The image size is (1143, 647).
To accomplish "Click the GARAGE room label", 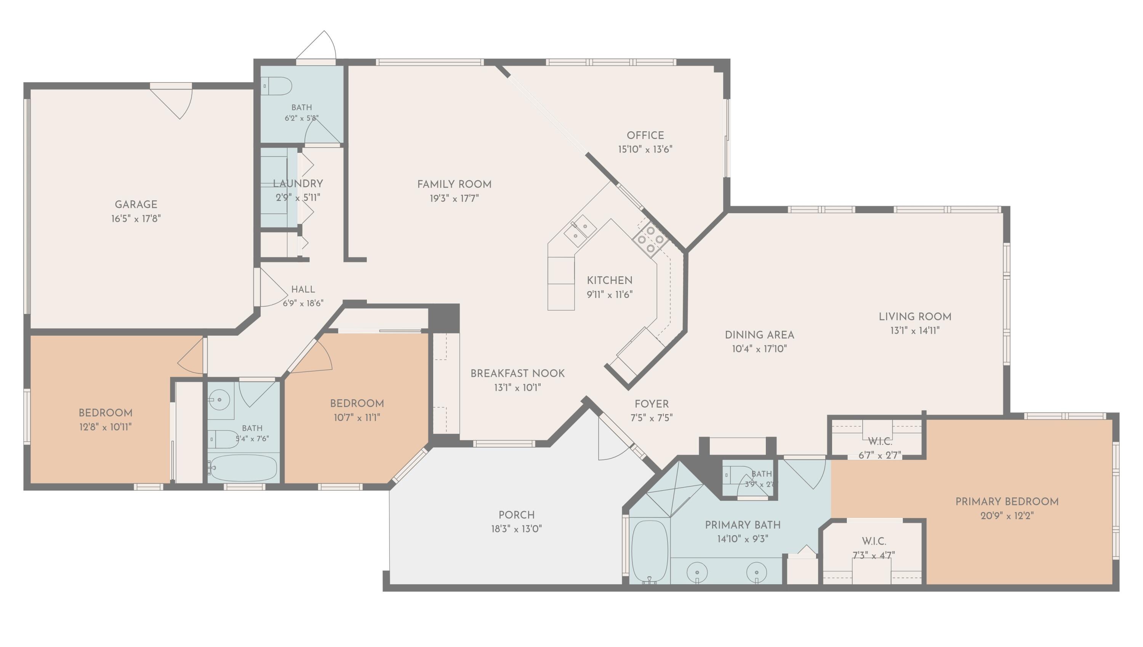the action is pyautogui.click(x=136, y=204).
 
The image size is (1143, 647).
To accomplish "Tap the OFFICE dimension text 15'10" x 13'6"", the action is pyautogui.click(x=645, y=149).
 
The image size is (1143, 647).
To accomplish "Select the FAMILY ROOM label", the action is pyautogui.click(x=454, y=185).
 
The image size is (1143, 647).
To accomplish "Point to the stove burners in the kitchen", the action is pyautogui.click(x=650, y=239).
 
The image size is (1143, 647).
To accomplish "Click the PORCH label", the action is pyautogui.click(x=516, y=515).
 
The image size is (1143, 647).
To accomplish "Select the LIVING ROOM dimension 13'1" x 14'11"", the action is pyautogui.click(x=915, y=331).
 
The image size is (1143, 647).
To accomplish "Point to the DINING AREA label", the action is pyautogui.click(x=759, y=335).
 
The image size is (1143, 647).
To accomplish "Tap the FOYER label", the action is pyautogui.click(x=652, y=404).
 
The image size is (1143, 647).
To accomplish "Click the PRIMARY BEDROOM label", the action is pyautogui.click(x=1007, y=502).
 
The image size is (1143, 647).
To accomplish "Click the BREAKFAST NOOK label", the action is pyautogui.click(x=518, y=374).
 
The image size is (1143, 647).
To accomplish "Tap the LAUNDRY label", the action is pyautogui.click(x=298, y=183).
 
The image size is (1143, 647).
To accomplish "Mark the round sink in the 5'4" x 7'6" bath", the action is pyautogui.click(x=220, y=400).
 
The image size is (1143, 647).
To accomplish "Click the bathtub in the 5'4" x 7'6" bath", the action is pyautogui.click(x=243, y=467).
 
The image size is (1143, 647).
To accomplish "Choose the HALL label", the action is pyautogui.click(x=303, y=289).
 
